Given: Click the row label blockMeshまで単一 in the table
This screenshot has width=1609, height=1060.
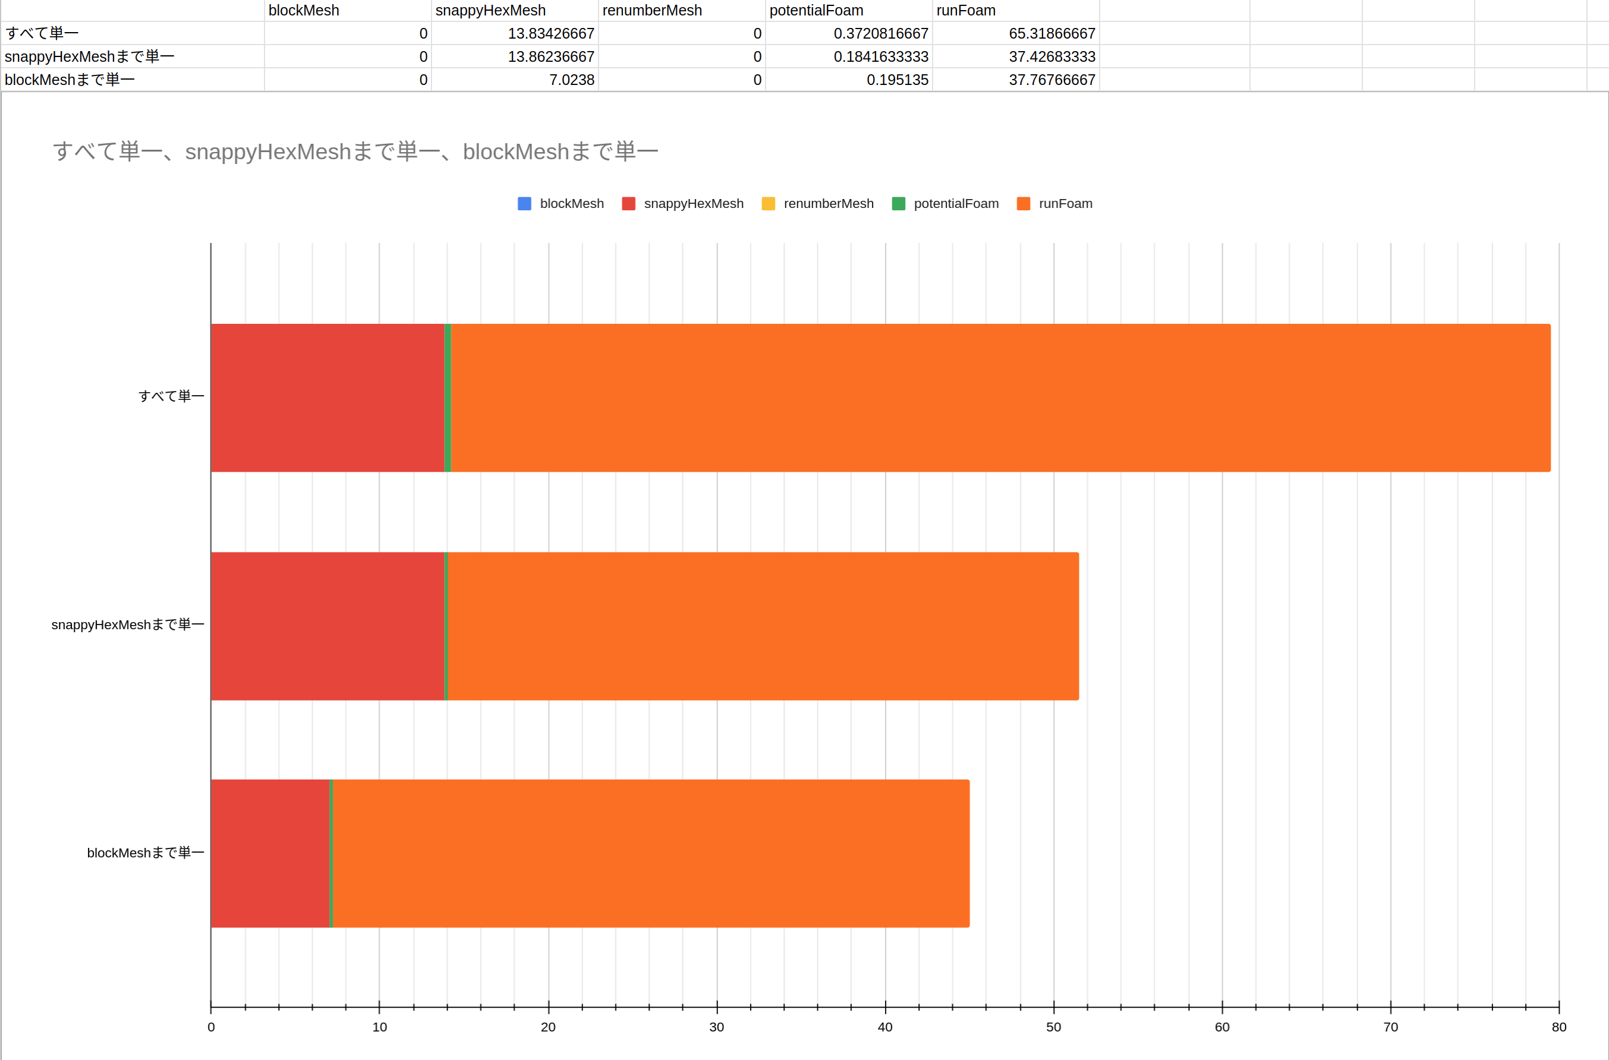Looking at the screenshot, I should (70, 80).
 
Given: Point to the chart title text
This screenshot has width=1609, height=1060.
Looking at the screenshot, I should (355, 152).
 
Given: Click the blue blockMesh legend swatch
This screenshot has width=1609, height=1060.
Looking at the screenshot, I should (524, 203).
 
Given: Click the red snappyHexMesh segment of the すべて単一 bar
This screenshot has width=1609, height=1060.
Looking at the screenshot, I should (327, 398).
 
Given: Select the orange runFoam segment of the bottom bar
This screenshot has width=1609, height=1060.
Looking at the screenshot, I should (650, 853).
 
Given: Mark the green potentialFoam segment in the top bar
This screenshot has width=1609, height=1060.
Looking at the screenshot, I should (448, 398).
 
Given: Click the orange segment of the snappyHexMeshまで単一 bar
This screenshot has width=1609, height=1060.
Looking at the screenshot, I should (763, 626).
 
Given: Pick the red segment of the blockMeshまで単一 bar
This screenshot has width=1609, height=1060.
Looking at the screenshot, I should (270, 853).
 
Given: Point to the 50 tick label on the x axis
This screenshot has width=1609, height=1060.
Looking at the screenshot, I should (1053, 1027).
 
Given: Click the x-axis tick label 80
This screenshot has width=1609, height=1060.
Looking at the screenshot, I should (1559, 1027).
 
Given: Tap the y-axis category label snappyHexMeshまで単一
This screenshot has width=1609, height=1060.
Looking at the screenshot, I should (128, 624).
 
